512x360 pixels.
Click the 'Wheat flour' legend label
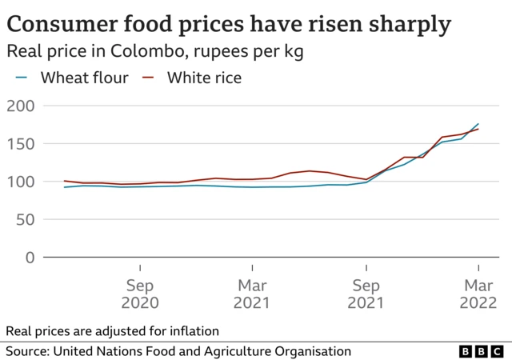click(x=85, y=78)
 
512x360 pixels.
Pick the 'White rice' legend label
click(x=204, y=78)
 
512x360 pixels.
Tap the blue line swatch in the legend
click(x=22, y=78)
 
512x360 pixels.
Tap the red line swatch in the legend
click(x=148, y=78)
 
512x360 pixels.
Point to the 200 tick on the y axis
click(x=20, y=106)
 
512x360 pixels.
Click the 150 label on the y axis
click(x=20, y=144)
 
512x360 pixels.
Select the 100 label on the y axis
click(x=20, y=182)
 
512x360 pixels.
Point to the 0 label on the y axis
click(x=30, y=258)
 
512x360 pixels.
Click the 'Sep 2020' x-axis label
click(x=140, y=294)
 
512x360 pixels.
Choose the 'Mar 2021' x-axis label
click(x=252, y=294)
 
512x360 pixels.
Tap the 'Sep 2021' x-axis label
click(x=366, y=294)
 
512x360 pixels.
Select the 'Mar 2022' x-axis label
click(x=478, y=294)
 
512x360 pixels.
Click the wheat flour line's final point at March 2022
click(x=478, y=124)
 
